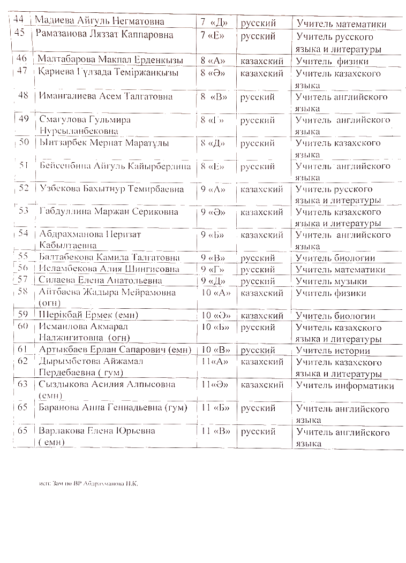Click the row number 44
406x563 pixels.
19,20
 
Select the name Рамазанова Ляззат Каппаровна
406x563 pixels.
104,35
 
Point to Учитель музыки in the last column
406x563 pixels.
332,281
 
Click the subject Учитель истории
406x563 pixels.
333,351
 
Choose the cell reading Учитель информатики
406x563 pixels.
345,386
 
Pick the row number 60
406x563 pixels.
22,326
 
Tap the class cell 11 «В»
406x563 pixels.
215,431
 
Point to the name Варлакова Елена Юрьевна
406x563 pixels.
97,431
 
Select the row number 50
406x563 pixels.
24,142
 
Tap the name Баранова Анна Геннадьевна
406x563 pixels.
113,408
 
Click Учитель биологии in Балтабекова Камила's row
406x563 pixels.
335,258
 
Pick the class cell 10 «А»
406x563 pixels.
215,293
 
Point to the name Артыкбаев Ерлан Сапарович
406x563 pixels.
111,351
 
